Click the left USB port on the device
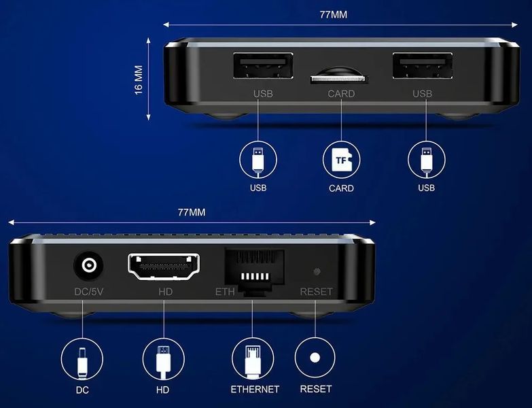pyautogui.click(x=264, y=65)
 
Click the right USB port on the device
pyautogui.click(x=423, y=65)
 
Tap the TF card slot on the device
pyautogui.click(x=339, y=79)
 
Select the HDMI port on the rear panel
pyautogui.click(x=164, y=267)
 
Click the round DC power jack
pyautogui.click(x=88, y=265)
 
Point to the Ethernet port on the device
pyautogui.click(x=255, y=271)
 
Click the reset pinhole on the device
pyautogui.click(x=317, y=271)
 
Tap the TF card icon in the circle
pyautogui.click(x=341, y=160)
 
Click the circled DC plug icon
pyautogui.click(x=82, y=360)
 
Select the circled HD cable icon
pyautogui.click(x=164, y=360)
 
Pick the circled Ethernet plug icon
pyautogui.click(x=253, y=359)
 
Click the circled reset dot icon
pyautogui.click(x=315, y=358)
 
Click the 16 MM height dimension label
pyautogui.click(x=139, y=80)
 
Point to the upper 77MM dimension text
pyautogui.click(x=334, y=14)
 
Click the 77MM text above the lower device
pyautogui.click(x=192, y=212)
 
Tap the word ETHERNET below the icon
pyautogui.click(x=255, y=390)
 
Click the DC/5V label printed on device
pyautogui.click(x=88, y=292)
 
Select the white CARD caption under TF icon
pyautogui.click(x=341, y=188)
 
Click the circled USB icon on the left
pyautogui.click(x=258, y=160)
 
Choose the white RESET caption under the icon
pyautogui.click(x=315, y=389)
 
